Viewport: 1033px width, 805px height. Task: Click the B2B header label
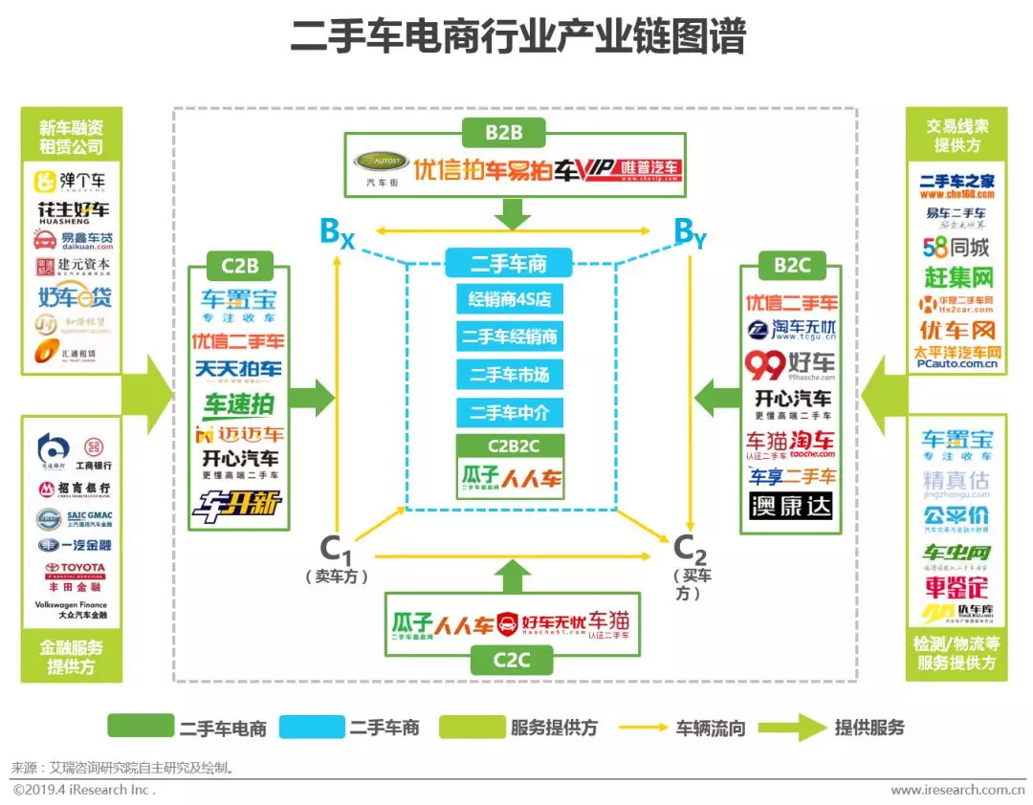(x=504, y=131)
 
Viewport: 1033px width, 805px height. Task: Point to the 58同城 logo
(x=956, y=248)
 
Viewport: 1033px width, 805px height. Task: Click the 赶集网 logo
(x=956, y=277)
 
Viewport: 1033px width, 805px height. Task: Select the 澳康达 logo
(x=790, y=506)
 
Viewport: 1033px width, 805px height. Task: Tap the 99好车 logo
(x=790, y=364)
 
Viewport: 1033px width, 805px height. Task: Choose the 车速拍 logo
(x=238, y=403)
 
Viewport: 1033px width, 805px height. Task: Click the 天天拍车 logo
(x=238, y=370)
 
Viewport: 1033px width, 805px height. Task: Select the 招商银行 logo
(x=73, y=490)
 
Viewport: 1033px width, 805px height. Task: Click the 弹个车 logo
(x=71, y=181)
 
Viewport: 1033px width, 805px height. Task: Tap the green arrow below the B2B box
(x=513, y=212)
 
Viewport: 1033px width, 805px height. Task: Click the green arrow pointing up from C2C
(x=513, y=576)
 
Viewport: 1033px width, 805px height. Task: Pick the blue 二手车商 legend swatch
(x=311, y=727)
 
